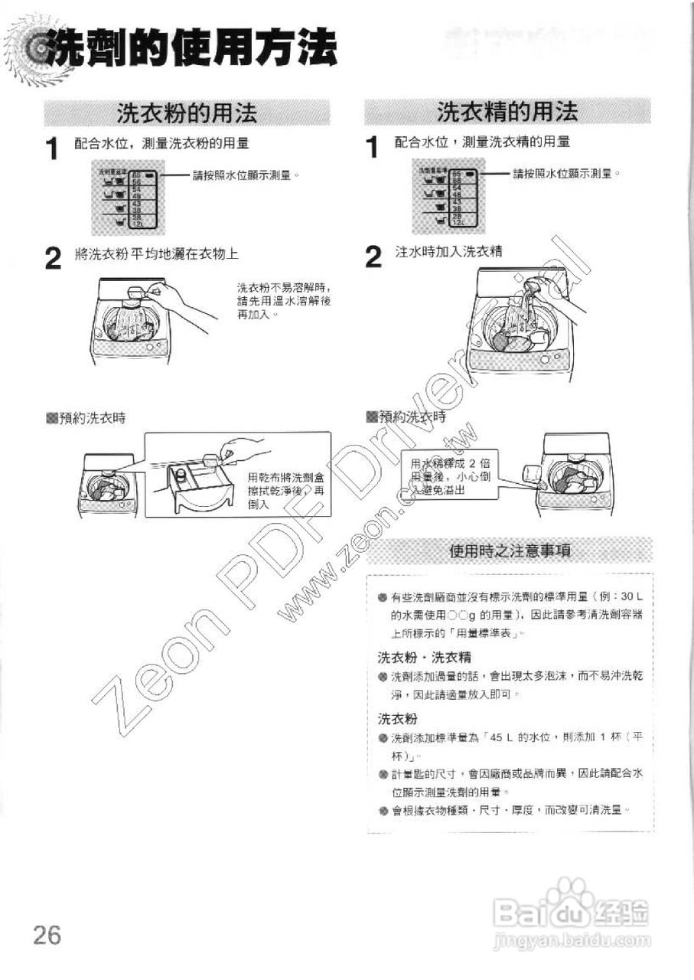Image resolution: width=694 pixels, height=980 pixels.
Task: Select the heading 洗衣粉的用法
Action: pos(186,114)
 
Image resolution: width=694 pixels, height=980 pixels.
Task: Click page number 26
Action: pos(47,935)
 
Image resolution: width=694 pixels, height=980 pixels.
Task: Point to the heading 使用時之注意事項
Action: pos(512,551)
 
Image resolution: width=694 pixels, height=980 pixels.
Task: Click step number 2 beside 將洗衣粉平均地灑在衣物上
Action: pos(52,260)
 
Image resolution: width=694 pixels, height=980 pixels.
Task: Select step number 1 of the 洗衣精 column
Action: pos(373,147)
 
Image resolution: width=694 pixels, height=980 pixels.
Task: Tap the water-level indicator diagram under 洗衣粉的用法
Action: pos(126,198)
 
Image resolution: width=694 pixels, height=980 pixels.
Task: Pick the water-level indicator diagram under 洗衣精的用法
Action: pos(447,198)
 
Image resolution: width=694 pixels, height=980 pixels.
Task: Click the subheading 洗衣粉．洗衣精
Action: pos(424,657)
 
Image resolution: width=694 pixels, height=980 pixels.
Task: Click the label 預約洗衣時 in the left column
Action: pos(86,418)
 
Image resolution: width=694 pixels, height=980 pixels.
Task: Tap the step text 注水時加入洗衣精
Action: pos(448,252)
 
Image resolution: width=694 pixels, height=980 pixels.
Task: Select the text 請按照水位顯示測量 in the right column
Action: pos(565,174)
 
